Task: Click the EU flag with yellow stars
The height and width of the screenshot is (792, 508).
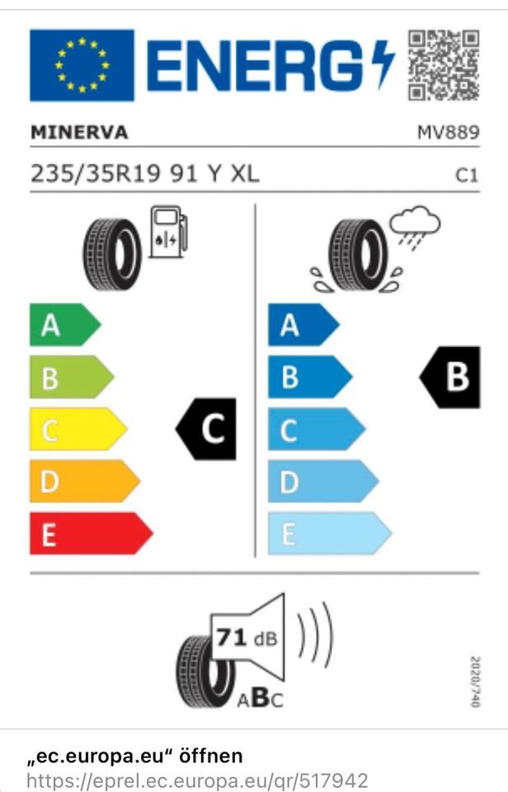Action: tap(82, 65)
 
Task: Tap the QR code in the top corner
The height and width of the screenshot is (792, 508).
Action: tap(444, 65)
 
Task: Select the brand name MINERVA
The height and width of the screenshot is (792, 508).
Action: tap(79, 132)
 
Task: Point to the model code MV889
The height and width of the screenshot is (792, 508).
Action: tap(448, 132)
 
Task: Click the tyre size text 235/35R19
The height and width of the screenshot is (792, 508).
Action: tap(96, 174)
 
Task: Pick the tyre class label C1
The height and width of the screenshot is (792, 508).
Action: tap(467, 175)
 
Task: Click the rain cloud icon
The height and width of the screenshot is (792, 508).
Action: tap(415, 228)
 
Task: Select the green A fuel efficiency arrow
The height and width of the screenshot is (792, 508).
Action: tap(65, 325)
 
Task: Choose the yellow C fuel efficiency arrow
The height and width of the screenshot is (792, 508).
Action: tap(78, 429)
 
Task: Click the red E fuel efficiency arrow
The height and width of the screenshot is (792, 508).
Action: tap(92, 534)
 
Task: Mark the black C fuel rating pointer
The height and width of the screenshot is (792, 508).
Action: tap(206, 429)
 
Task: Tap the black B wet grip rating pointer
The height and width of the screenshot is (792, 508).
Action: tap(449, 377)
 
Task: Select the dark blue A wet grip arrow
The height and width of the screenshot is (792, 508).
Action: tap(303, 325)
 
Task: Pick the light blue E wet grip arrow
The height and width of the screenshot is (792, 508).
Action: tap(330, 534)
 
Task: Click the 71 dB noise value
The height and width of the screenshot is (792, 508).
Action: tap(247, 638)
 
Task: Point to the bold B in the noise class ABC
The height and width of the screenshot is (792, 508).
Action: tap(261, 698)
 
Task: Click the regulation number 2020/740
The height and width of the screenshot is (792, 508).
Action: tap(475, 682)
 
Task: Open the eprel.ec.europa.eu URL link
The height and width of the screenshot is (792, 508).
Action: tap(197, 780)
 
